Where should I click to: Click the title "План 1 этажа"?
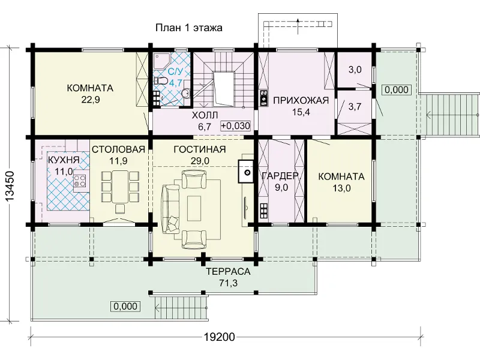coord(189,28)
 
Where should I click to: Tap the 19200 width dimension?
coord(220,337)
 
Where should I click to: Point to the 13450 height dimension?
coord(10,187)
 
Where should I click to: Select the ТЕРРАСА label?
coord(228,272)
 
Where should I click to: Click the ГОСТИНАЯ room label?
coord(200,149)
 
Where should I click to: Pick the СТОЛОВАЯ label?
coord(118,149)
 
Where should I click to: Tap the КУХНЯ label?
coord(64,160)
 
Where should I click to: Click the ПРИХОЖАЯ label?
coord(301,100)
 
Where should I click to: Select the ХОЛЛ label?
coord(205,115)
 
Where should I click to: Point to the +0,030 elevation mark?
coord(236,125)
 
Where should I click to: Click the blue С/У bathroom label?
coord(175,71)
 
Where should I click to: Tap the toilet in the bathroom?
coord(160,81)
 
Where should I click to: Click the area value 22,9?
coord(91,100)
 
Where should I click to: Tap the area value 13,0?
coord(341,188)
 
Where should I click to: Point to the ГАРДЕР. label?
coord(280,175)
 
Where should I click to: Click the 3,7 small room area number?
coord(355,107)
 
